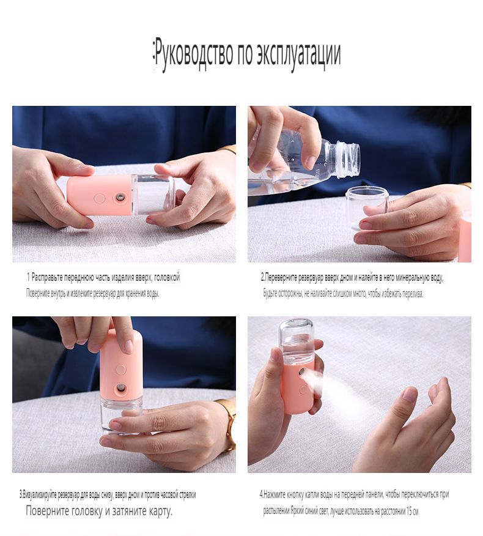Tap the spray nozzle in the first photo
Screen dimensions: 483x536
pos(120,197)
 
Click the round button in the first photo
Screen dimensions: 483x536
pos(100,199)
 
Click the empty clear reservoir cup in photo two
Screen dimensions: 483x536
pos(366,206)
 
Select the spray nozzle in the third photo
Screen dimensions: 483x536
pos(120,388)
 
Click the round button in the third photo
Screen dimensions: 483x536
pos(120,370)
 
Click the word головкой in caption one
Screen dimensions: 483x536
pos(167,277)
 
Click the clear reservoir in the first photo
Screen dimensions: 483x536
pos(153,194)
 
